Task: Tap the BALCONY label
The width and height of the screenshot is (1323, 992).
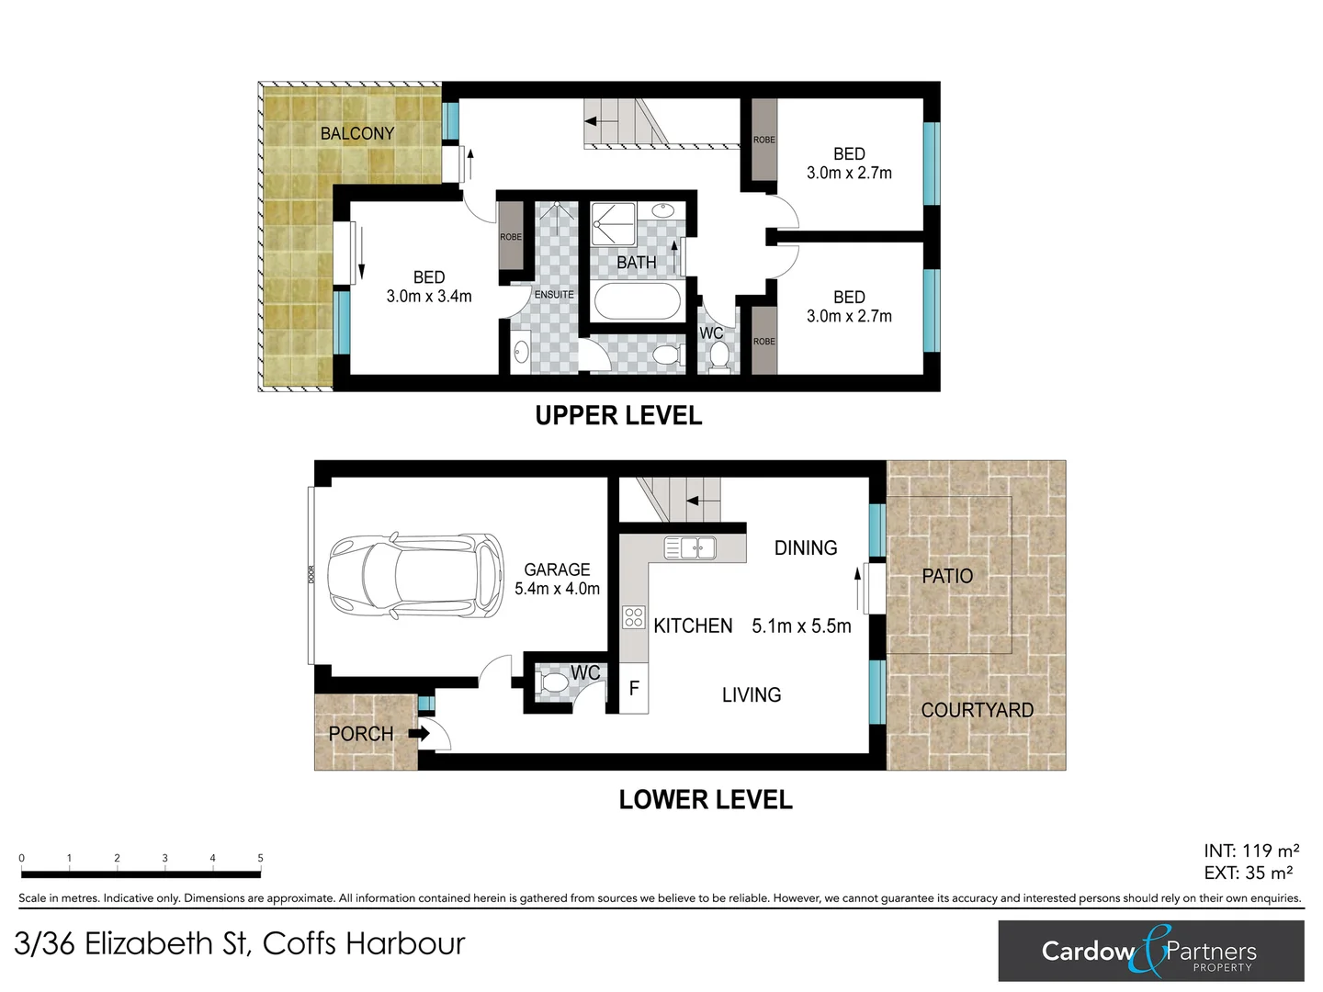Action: coord(356,133)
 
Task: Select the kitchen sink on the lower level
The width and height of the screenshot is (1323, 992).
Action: coord(690,548)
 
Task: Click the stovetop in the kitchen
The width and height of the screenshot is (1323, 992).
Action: coord(633,616)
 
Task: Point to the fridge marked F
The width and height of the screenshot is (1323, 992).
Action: coord(634,688)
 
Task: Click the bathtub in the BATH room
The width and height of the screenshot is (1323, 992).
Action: coord(637,300)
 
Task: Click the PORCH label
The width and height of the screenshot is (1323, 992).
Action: coord(360,734)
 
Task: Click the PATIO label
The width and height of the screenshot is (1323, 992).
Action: coord(947,576)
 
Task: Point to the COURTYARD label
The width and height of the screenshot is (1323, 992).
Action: coord(977,710)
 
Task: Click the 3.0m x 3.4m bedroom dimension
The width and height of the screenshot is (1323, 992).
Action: coord(428,297)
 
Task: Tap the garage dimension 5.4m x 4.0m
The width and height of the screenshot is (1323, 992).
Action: coord(557,589)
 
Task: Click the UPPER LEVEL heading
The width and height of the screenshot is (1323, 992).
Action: coord(618,416)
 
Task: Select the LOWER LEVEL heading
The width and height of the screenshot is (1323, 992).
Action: coord(705,799)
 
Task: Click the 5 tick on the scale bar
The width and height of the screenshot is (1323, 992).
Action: coord(260,859)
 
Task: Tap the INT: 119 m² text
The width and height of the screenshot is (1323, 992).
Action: coord(1250,851)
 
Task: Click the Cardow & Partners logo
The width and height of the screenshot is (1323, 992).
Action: coord(1150,951)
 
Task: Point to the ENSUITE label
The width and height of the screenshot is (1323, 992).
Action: coord(554,295)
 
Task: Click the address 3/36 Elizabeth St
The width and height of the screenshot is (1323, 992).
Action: coord(240,943)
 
